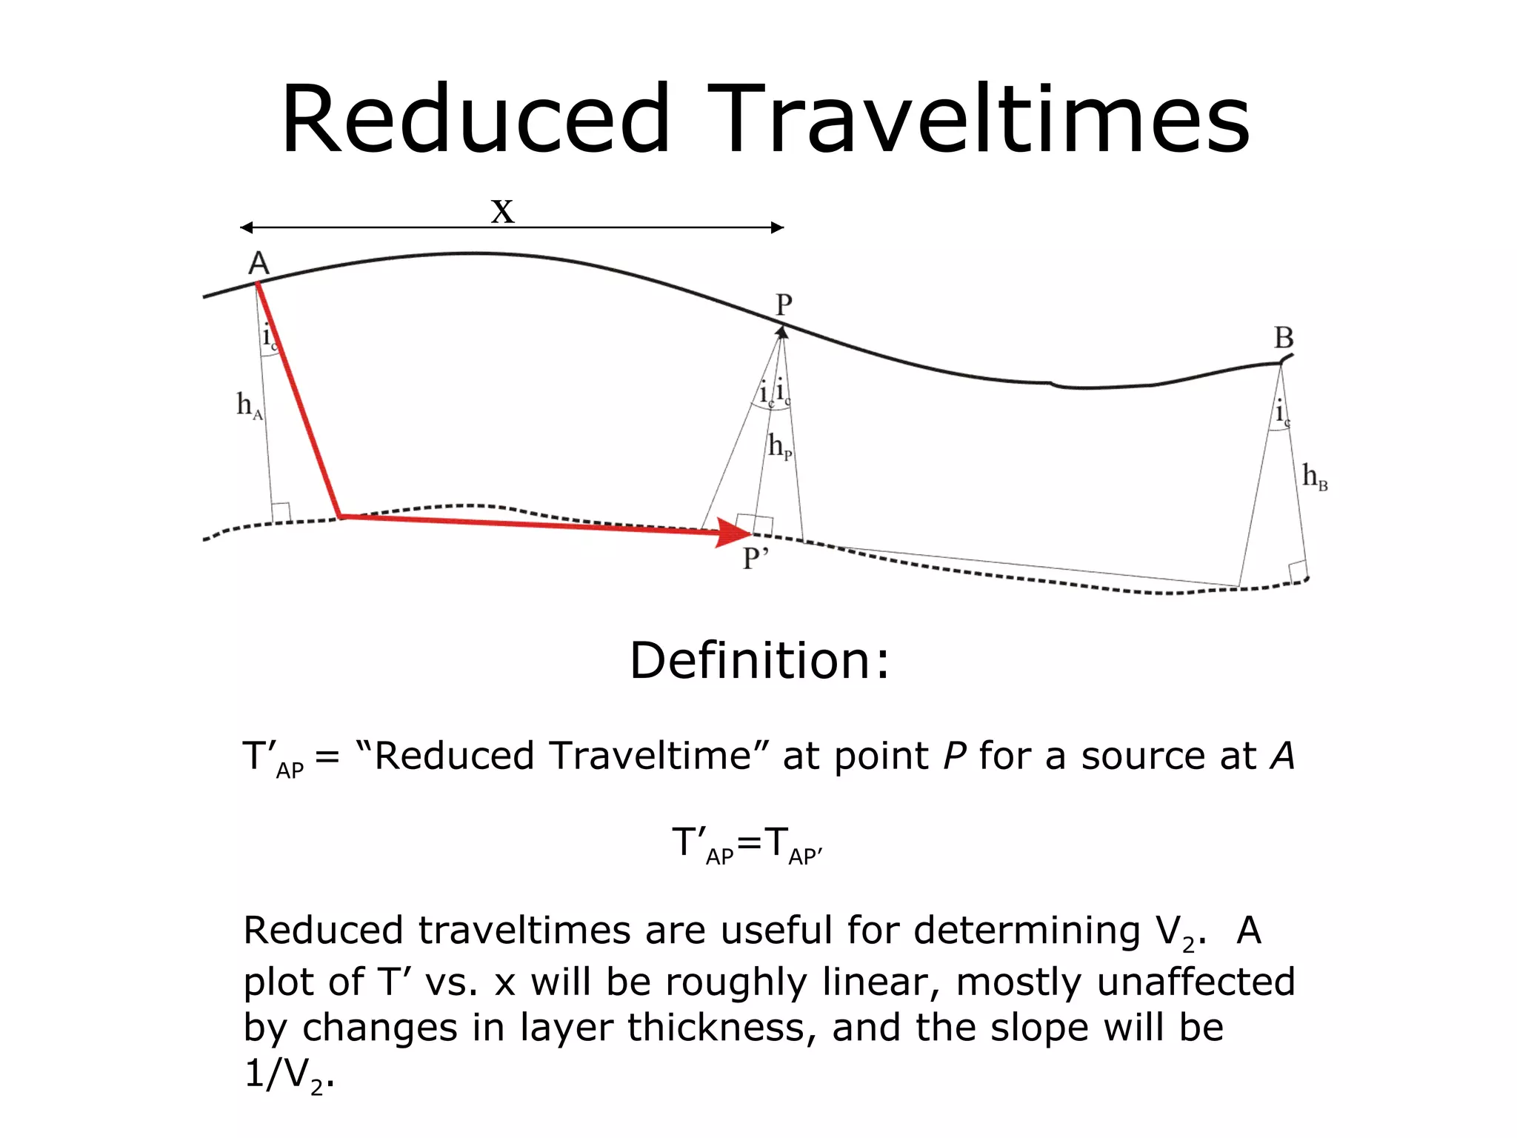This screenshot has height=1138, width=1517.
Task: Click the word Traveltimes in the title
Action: (978, 120)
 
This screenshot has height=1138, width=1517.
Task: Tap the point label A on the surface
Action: (259, 264)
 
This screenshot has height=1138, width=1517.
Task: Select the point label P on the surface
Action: (784, 305)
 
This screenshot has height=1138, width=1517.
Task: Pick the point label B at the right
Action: (1284, 338)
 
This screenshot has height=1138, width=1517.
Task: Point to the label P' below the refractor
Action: (756, 559)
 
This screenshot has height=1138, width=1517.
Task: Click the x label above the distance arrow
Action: (502, 210)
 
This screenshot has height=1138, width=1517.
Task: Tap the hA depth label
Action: (249, 405)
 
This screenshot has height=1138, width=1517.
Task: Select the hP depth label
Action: (780, 446)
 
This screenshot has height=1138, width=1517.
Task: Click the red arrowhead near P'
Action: (734, 532)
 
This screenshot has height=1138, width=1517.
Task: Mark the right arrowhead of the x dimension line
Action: (778, 227)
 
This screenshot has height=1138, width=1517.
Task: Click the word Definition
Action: (758, 660)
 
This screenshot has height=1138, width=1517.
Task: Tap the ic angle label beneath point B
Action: (1282, 413)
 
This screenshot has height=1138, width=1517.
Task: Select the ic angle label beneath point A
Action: (270, 337)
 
